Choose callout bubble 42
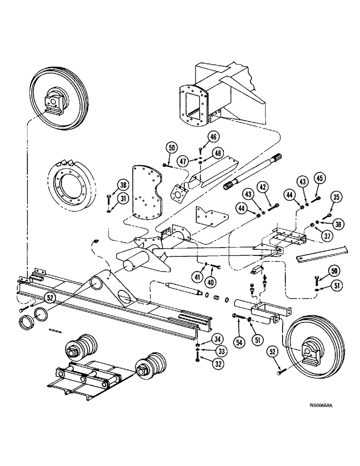point(262,188)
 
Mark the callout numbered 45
point(319,179)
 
